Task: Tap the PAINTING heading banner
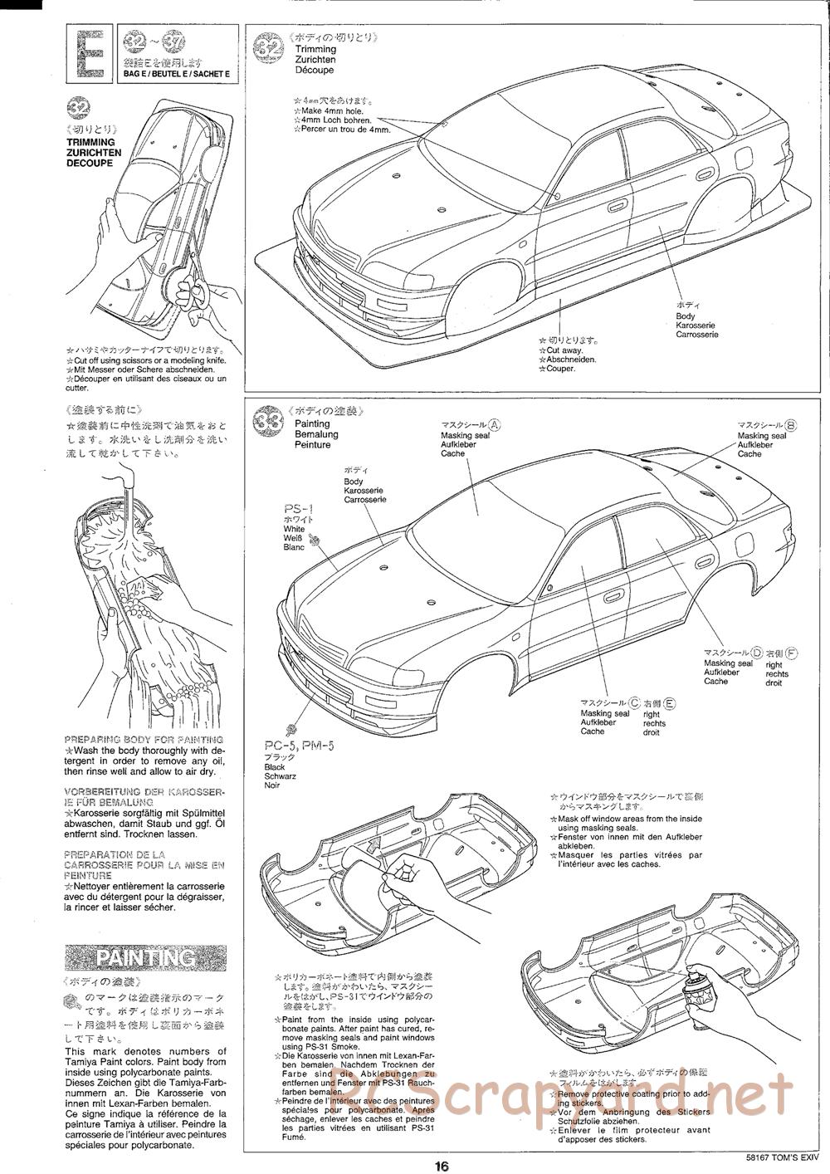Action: tap(146, 957)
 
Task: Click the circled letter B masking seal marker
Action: tap(791, 424)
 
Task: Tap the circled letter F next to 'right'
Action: tap(793, 652)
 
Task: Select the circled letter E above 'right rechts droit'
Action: tap(670, 702)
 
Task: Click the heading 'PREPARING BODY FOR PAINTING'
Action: tap(144, 739)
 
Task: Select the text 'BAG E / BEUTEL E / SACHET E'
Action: tap(175, 74)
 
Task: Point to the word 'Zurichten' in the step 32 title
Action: tap(315, 60)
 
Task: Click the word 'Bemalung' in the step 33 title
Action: tap(316, 434)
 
